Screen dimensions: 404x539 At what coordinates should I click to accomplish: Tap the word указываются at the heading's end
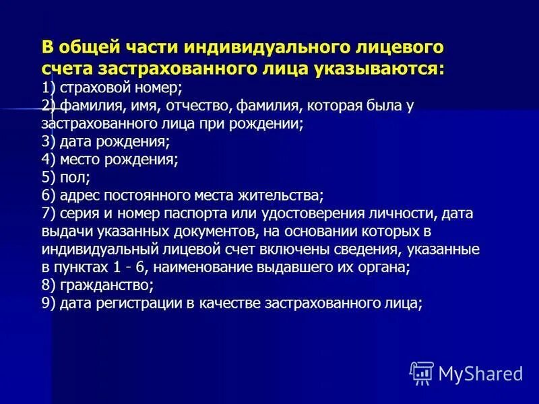387,68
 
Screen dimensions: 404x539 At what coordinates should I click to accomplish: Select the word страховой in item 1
89,88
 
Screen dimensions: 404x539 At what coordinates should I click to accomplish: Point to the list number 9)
49,303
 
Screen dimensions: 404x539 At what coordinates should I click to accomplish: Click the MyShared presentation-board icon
422,372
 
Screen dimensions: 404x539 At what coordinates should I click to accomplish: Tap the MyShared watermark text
480,373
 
